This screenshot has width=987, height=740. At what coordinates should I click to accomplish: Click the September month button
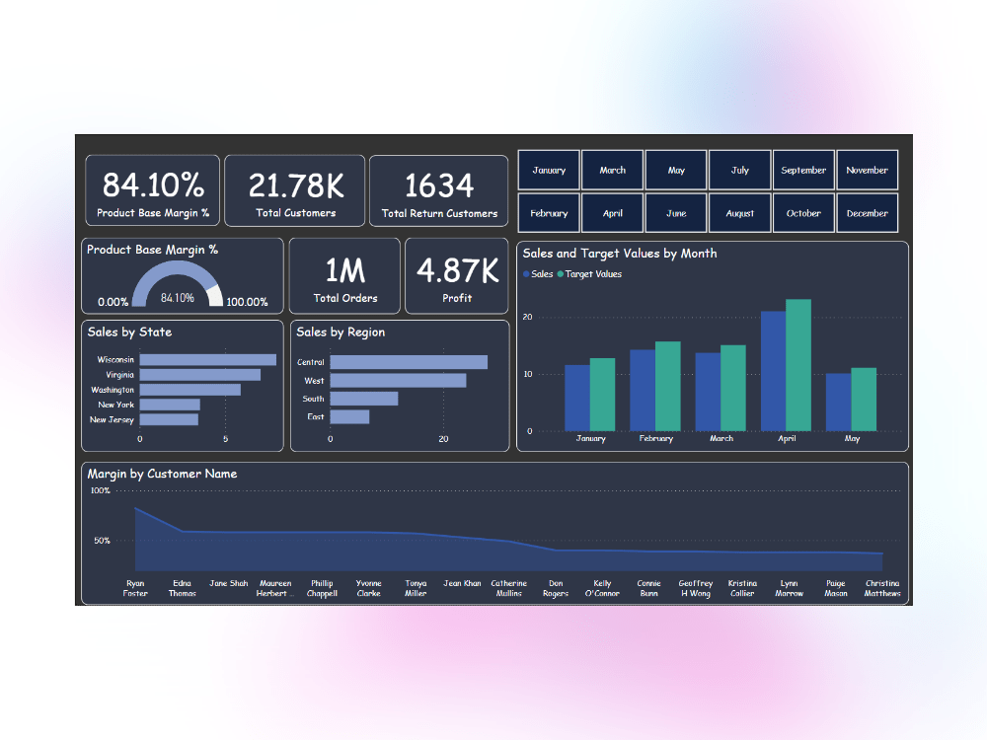point(803,170)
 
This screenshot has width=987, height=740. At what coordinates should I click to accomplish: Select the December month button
point(867,213)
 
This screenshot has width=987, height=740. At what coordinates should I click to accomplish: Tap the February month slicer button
point(549,213)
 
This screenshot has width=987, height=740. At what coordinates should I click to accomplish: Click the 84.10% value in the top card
point(153,185)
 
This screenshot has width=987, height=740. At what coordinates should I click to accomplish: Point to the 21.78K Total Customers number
point(295,185)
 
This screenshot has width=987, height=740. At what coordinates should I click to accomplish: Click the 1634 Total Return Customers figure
point(439,185)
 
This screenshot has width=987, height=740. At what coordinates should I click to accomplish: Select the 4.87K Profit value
point(457,269)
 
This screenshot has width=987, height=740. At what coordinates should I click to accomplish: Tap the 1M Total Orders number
point(344,269)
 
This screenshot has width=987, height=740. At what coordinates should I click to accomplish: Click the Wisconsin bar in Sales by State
point(207,360)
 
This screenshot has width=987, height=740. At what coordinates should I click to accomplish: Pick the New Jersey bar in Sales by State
point(169,419)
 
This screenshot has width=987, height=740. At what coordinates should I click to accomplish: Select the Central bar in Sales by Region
point(408,362)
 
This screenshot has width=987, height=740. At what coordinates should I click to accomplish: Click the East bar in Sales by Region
point(349,416)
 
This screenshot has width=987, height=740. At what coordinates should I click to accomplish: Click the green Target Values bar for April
point(797,365)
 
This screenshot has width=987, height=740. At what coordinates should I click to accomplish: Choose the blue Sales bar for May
point(838,402)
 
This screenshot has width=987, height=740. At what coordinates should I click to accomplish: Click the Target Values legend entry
point(592,274)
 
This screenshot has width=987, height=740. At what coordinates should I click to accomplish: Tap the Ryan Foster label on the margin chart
point(135,588)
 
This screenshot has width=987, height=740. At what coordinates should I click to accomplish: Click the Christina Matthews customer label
point(881,588)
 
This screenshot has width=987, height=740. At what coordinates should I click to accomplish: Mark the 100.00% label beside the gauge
point(247,302)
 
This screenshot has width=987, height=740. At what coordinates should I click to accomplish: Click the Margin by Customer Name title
point(162,474)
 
